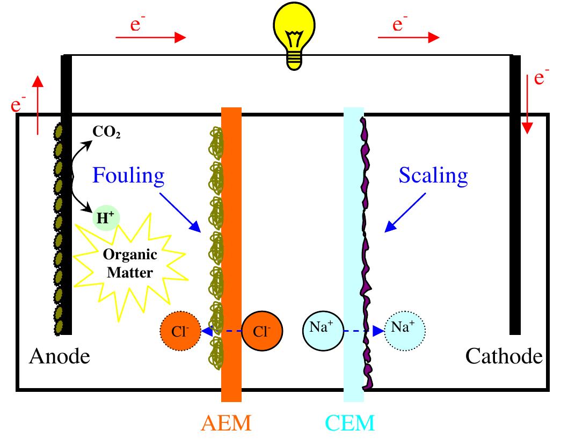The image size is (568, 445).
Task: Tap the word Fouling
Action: click(128, 176)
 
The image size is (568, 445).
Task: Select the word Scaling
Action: click(433, 176)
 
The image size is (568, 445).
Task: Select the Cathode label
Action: click(504, 356)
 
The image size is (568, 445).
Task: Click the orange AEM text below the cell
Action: click(226, 424)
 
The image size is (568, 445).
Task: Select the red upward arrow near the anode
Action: click(38, 105)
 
